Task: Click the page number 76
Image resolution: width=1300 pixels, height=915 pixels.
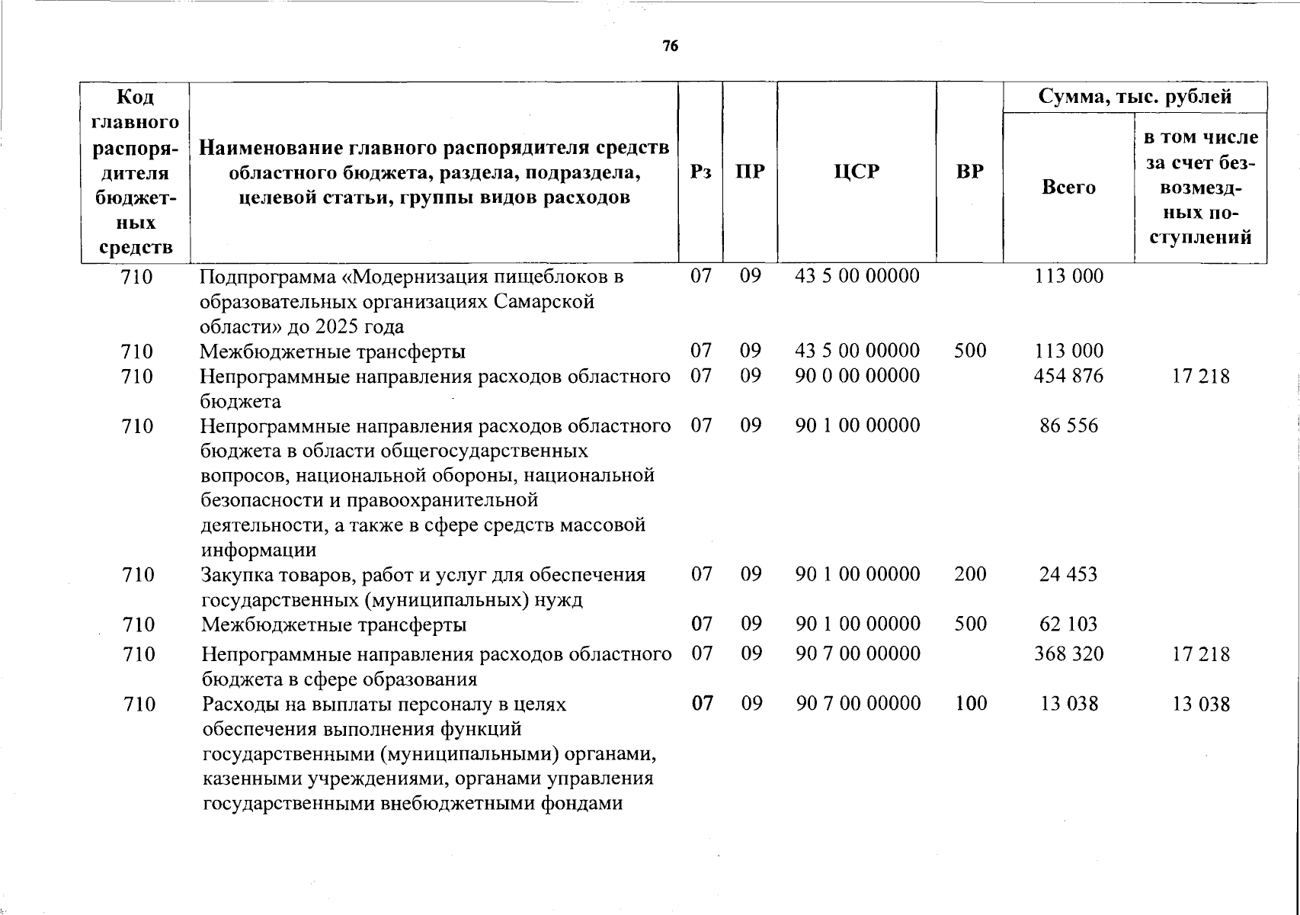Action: click(670, 47)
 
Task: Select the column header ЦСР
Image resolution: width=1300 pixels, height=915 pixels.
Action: click(857, 172)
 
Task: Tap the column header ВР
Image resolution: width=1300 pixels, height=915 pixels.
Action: click(969, 172)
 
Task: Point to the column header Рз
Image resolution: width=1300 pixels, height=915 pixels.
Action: click(700, 172)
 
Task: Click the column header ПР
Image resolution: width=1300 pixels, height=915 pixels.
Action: click(750, 172)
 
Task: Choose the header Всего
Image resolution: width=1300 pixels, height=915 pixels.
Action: click(1068, 187)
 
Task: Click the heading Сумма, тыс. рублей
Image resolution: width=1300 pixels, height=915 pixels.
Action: click(1135, 97)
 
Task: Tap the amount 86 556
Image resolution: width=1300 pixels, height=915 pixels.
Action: click(1068, 425)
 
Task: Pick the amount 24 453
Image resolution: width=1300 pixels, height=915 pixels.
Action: click(1068, 574)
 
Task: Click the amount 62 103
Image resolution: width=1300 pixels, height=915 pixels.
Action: click(1068, 624)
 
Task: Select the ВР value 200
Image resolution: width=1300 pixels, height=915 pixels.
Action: click(970, 574)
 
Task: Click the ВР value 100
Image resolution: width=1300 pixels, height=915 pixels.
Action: click(970, 703)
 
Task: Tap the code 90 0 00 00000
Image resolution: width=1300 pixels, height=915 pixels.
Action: click(857, 376)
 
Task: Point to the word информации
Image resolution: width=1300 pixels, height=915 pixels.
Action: click(258, 550)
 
